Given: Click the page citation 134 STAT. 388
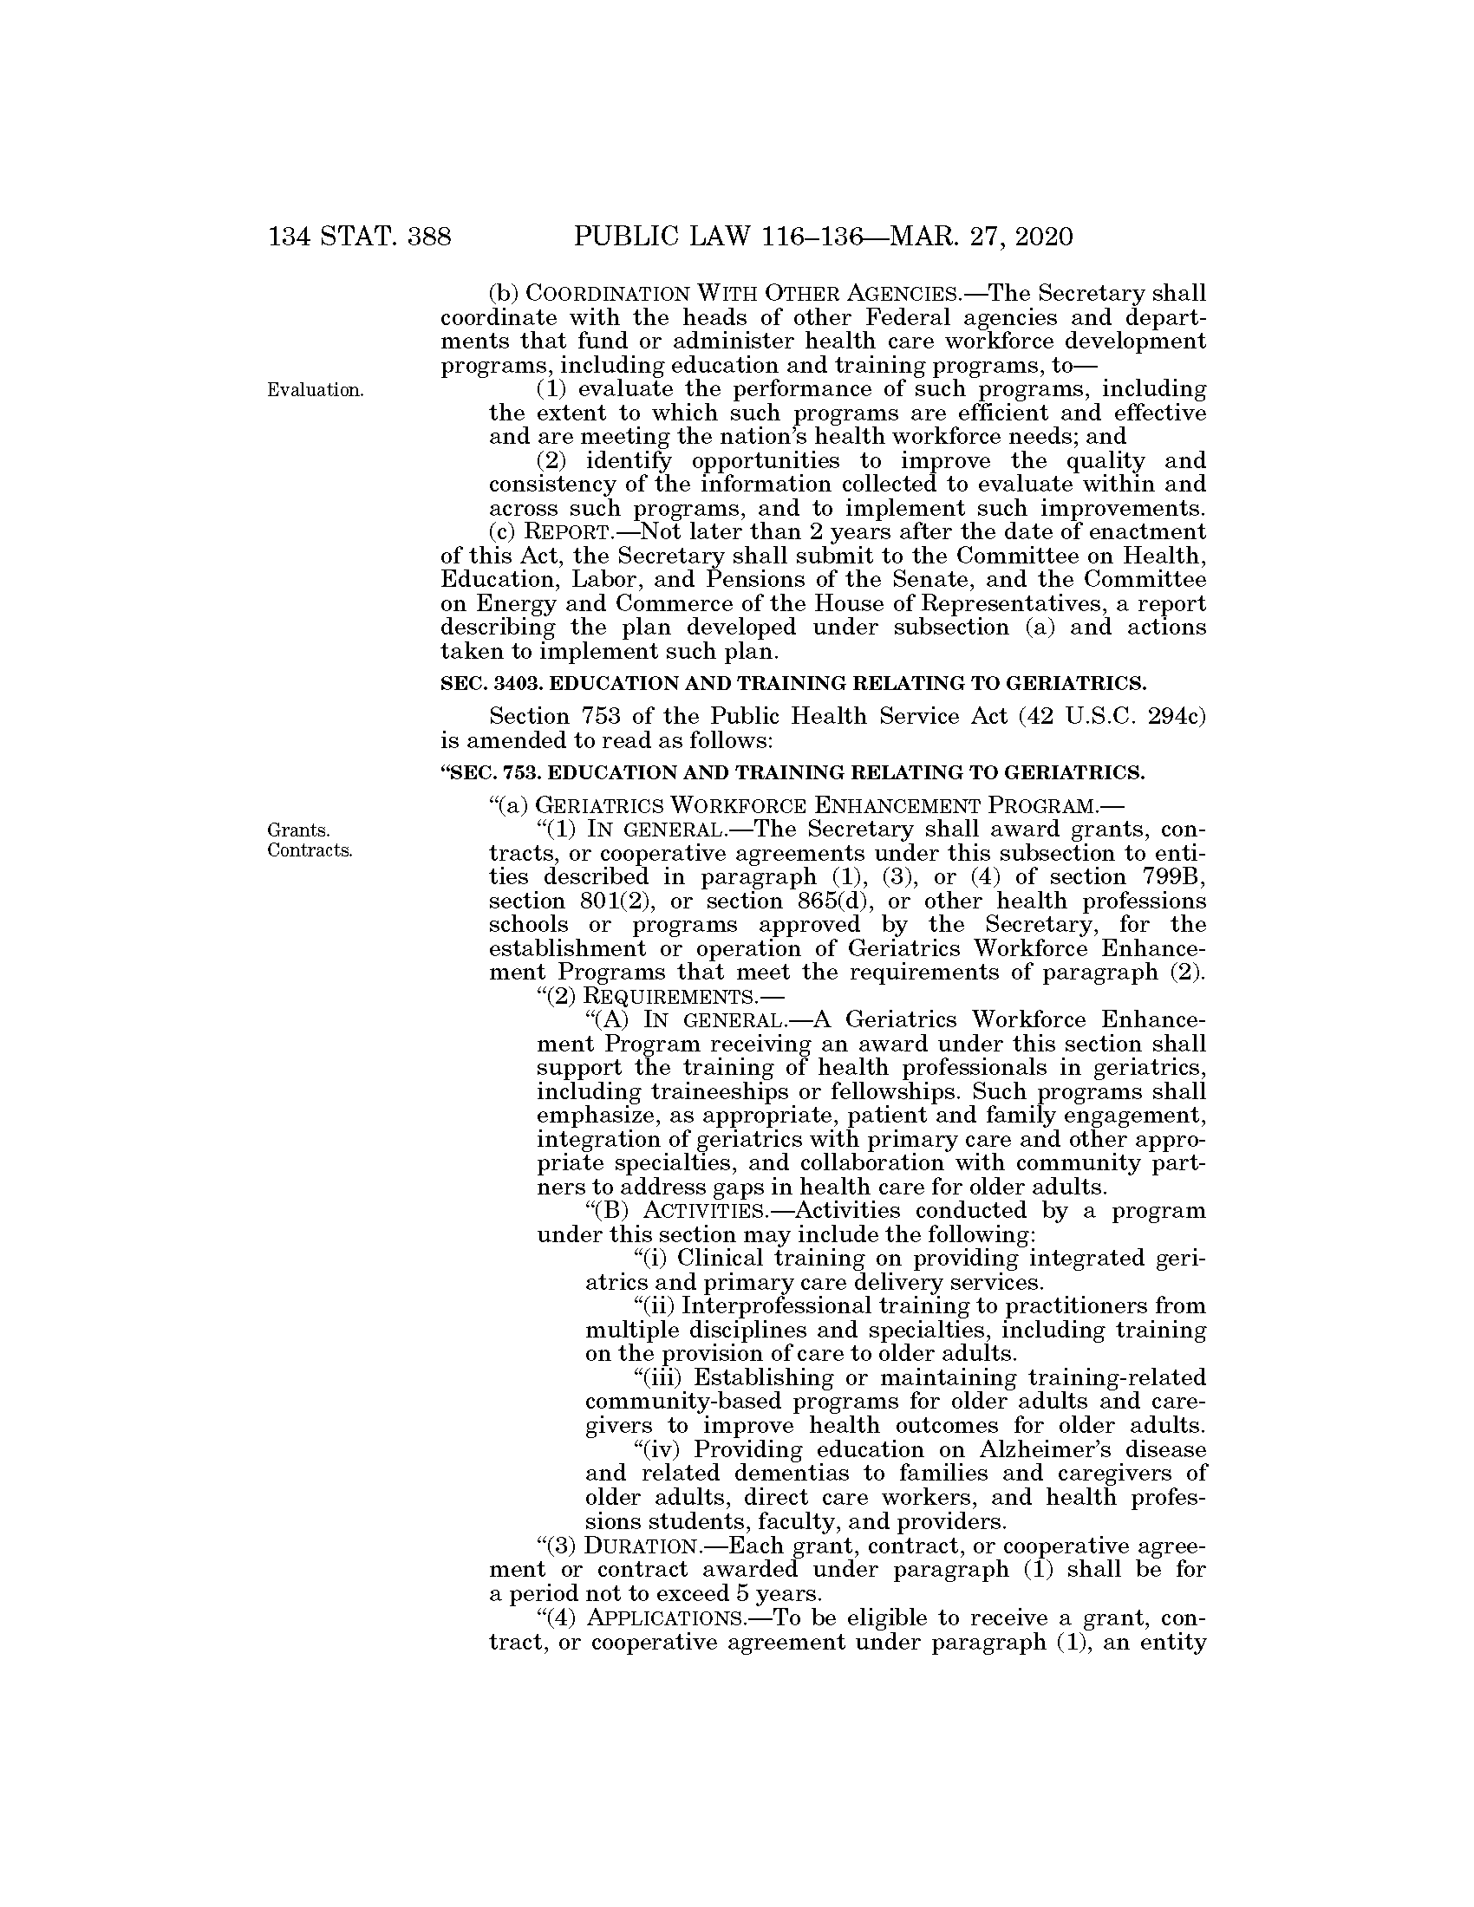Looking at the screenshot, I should (360, 237).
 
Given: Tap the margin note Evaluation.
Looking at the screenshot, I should (316, 390).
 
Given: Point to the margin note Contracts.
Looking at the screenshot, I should (310, 850).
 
